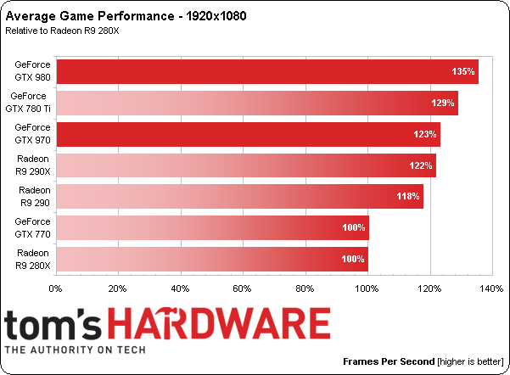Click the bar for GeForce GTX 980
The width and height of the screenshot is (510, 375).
click(x=266, y=71)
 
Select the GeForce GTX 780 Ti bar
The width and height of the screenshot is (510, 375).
click(x=256, y=103)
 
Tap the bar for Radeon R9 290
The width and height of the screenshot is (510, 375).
click(x=238, y=196)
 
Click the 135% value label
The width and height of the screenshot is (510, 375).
click(x=462, y=71)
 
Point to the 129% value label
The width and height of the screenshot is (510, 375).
click(x=442, y=103)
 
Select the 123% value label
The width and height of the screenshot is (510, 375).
click(x=425, y=134)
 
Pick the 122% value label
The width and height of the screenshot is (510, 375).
click(x=421, y=165)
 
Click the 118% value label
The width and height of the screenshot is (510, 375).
click(x=408, y=196)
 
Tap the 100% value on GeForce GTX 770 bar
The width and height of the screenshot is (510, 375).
click(x=353, y=227)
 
